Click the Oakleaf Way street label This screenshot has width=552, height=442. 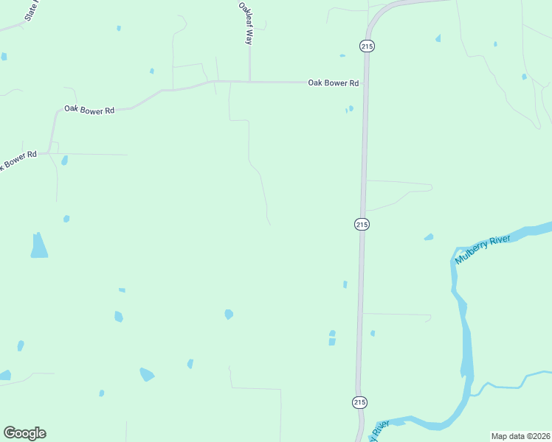[x=245, y=24]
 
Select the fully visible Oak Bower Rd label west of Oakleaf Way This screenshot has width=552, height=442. [x=89, y=110]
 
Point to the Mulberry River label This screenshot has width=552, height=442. [x=483, y=250]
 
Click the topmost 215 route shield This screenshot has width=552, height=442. [x=368, y=46]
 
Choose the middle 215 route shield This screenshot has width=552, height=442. [x=361, y=224]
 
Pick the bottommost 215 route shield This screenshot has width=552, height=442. [x=359, y=402]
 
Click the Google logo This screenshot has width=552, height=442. [x=24, y=433]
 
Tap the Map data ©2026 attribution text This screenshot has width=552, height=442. [x=520, y=436]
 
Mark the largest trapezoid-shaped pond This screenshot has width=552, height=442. [x=39, y=246]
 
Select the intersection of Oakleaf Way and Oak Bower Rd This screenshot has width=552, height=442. [x=249, y=82]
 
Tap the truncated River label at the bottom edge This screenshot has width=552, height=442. [x=379, y=430]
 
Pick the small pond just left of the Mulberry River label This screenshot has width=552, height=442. [x=429, y=237]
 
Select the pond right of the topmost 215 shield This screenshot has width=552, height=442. [x=438, y=38]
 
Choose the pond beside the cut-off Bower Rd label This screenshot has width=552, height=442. [x=64, y=160]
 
